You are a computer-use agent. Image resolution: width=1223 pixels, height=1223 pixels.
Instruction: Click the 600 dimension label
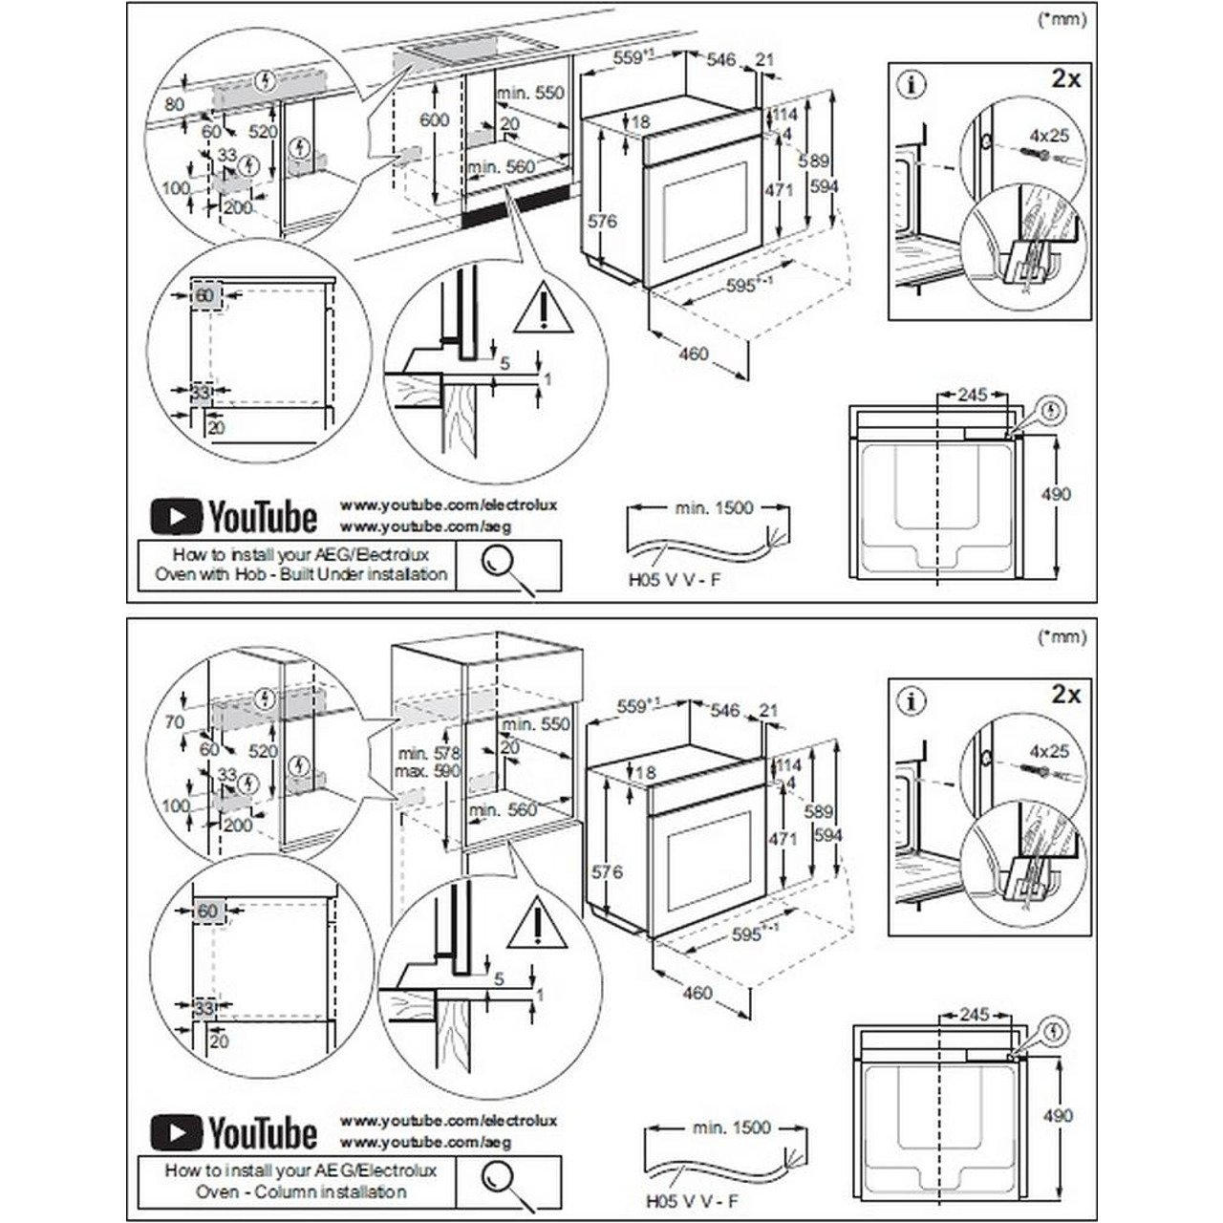coord(435,120)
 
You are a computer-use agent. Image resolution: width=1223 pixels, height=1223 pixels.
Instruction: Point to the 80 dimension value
coord(173,102)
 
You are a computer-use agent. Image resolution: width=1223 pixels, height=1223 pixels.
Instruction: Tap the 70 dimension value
coord(173,723)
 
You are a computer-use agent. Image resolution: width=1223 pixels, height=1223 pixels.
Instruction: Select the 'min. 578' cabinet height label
coord(427,753)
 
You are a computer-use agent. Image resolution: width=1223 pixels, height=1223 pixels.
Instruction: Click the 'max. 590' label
coord(427,771)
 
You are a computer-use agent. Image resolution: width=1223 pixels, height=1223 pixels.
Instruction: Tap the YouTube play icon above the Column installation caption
coord(177,1133)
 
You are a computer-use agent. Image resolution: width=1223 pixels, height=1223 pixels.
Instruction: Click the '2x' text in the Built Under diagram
coord(1064,78)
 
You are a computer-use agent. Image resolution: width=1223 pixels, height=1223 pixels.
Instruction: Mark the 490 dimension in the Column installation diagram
coord(1057,1115)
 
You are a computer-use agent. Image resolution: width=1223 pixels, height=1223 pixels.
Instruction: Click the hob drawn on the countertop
coord(446,42)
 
